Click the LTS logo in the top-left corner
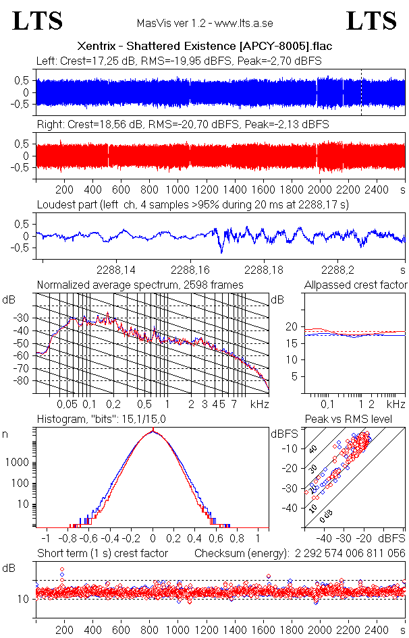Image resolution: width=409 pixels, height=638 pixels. tap(38, 22)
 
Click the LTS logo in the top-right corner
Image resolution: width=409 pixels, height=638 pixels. tap(372, 22)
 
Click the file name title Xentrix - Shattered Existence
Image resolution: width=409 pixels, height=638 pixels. tap(204, 47)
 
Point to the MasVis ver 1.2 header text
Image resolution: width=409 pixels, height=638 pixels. tap(204, 23)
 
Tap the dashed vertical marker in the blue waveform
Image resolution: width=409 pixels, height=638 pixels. tap(361, 92)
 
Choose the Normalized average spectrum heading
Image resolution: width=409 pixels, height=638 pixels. tap(140, 285)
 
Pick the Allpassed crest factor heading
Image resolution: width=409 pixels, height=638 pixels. tap(356, 285)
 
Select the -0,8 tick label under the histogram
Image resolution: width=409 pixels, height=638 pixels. tap(67, 539)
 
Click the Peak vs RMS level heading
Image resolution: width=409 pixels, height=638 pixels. tap(354, 420)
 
